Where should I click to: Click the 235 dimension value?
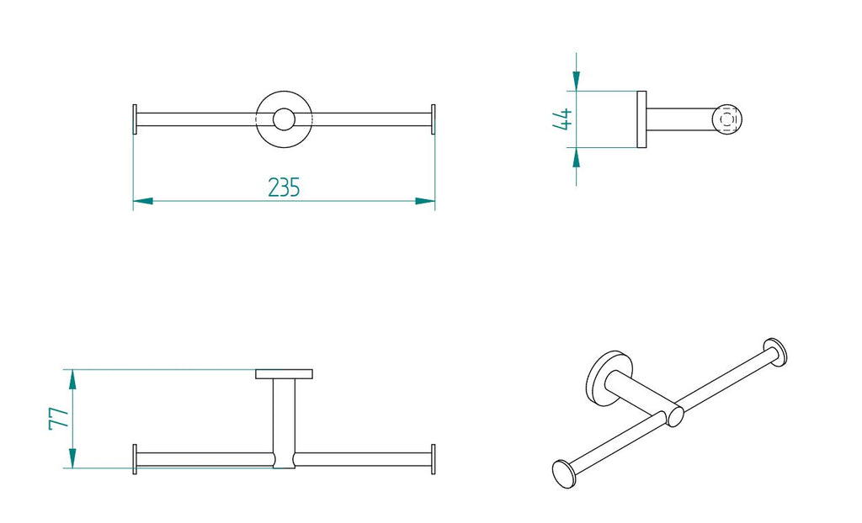click(284, 187)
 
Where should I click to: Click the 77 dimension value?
click(58, 419)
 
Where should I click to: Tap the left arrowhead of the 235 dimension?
click(142, 201)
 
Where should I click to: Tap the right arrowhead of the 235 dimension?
click(425, 201)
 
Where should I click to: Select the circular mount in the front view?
click(284, 119)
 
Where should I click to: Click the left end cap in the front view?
click(135, 119)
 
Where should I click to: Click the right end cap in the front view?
click(433, 119)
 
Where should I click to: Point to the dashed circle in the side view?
click(729, 119)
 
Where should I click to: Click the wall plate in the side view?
click(641, 119)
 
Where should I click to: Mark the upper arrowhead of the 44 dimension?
click(576, 81)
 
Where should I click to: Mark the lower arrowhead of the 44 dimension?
click(576, 158)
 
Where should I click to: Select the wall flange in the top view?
click(284, 373)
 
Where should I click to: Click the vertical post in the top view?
click(284, 416)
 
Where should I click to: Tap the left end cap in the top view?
click(135, 459)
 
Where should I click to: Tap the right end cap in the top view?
click(433, 459)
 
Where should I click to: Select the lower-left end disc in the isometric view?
click(563, 474)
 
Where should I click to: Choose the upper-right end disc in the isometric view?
click(775, 351)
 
